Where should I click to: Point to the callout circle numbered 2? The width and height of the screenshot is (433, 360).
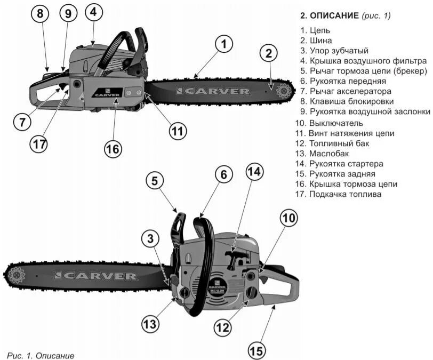click(269, 53)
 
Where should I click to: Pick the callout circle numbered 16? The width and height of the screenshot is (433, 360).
click(113, 150)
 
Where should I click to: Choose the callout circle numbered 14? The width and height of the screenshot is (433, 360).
click(255, 172)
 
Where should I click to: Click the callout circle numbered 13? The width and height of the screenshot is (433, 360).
click(151, 323)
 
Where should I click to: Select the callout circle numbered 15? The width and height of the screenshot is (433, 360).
click(257, 350)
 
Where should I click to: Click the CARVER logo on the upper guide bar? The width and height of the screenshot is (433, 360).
click(213, 91)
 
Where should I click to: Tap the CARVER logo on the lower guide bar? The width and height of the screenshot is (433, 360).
click(95, 276)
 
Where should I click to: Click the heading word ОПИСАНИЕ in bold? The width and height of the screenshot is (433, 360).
click(334, 15)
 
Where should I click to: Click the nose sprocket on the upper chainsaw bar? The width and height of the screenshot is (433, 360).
click(281, 92)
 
